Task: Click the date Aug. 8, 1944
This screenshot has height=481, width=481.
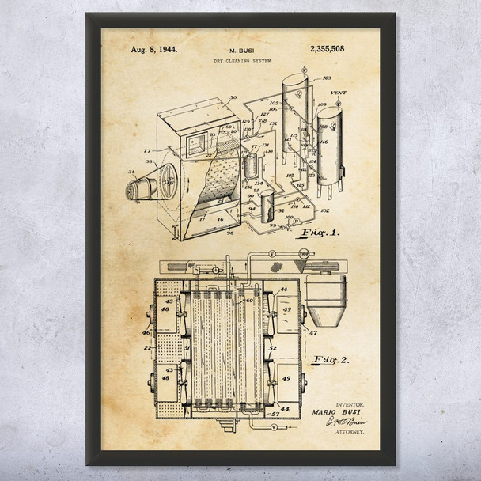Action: click(x=153, y=48)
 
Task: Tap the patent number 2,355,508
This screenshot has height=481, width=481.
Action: click(x=324, y=48)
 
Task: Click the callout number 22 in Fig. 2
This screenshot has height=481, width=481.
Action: click(x=148, y=346)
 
